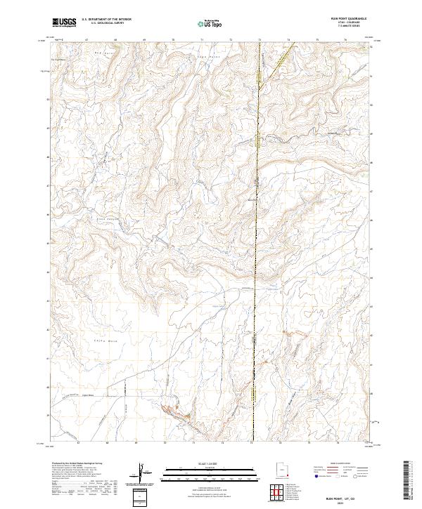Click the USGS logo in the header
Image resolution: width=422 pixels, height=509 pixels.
tap(65, 22)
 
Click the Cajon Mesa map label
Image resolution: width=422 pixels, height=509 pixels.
tap(104, 340)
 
